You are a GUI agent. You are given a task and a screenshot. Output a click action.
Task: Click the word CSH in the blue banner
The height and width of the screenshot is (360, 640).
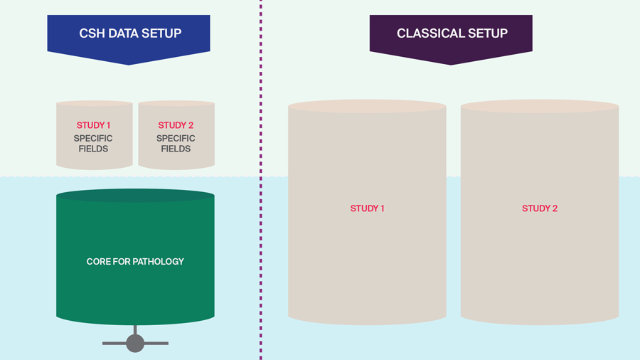click(x=91, y=33)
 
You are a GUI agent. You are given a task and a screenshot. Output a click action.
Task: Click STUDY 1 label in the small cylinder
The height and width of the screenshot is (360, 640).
click(x=93, y=126)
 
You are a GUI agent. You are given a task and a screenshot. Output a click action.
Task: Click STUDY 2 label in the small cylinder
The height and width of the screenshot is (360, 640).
click(x=176, y=126)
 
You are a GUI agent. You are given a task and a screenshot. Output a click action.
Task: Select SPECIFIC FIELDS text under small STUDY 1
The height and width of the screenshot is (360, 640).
click(x=93, y=144)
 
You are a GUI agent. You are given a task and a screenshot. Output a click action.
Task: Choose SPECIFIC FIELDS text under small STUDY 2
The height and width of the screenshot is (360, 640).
click(x=176, y=144)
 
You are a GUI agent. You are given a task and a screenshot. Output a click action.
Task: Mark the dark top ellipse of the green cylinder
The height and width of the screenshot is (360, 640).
click(x=135, y=196)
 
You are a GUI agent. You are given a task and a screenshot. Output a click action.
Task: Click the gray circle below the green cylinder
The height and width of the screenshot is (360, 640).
click(x=135, y=344)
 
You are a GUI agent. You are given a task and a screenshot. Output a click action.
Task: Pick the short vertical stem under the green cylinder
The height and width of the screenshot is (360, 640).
click(x=135, y=329)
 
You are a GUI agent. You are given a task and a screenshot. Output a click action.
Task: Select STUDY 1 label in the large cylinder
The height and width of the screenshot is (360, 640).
click(x=367, y=208)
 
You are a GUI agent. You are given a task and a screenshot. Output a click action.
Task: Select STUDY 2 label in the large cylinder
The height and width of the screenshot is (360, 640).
click(x=540, y=208)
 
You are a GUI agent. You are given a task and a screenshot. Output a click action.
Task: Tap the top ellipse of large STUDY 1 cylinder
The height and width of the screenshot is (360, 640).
click(x=367, y=107)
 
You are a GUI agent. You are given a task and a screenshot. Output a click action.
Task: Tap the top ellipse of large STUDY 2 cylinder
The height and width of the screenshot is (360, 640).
click(x=540, y=107)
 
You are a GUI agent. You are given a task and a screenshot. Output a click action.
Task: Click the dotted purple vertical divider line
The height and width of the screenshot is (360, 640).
click(x=260, y=178)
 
